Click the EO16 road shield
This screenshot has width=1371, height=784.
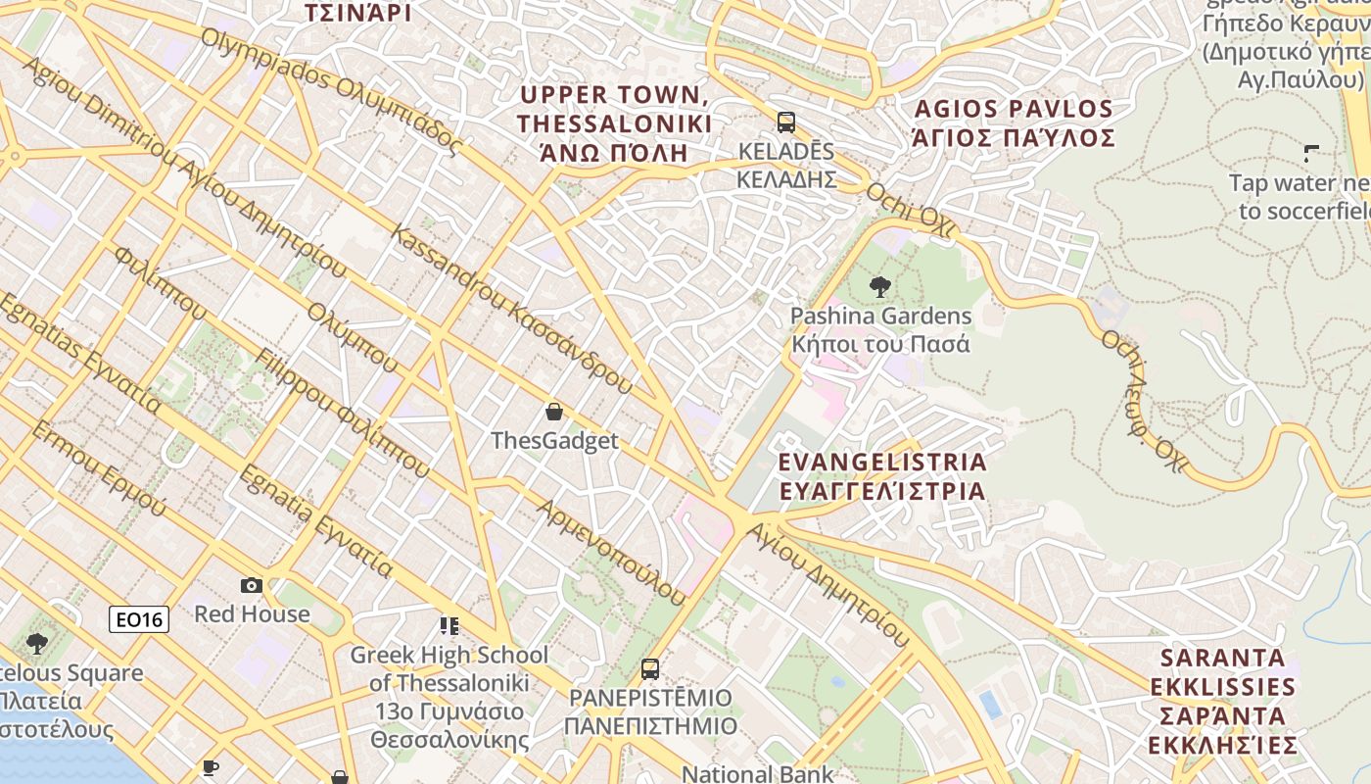click(x=139, y=619)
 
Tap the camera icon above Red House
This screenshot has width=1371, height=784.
click(x=252, y=585)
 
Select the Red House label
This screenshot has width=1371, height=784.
click(x=252, y=614)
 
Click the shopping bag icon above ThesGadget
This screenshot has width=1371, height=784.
click(x=554, y=412)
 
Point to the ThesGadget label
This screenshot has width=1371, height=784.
click(x=554, y=441)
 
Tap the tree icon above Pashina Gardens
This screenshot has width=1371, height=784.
click(x=880, y=287)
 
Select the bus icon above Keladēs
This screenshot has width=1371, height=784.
click(x=785, y=122)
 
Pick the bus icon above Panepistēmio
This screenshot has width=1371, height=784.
click(x=649, y=669)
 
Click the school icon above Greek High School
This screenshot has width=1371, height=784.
click(x=449, y=625)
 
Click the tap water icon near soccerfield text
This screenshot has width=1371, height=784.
click(x=1311, y=153)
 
